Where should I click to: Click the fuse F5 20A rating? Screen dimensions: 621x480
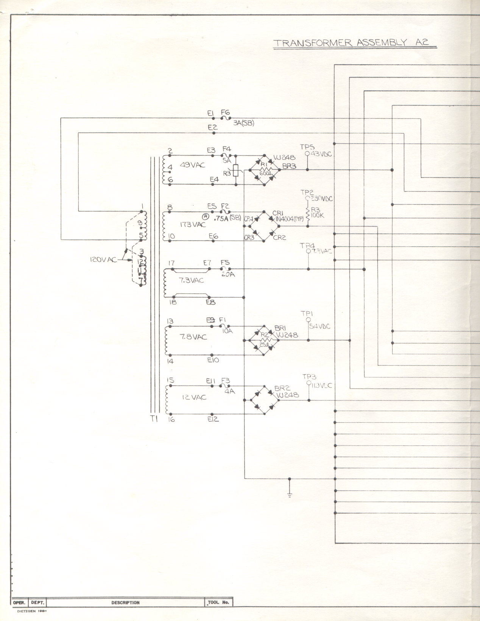coord(228,274)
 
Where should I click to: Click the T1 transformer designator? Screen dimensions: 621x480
coord(154,419)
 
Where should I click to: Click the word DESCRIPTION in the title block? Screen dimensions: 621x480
coord(125,602)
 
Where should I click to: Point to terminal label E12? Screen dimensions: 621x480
coord(213,419)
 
